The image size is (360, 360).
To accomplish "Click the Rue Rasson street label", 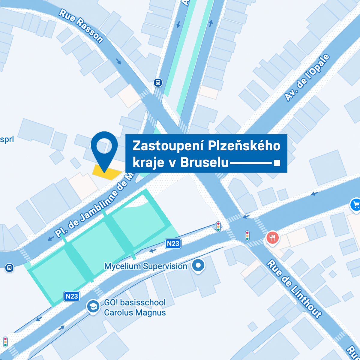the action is coord(81,26).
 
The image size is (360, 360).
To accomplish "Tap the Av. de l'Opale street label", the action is coord(307,77).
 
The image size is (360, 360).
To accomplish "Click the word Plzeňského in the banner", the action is coord(244,146).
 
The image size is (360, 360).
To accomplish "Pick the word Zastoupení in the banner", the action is coord(168,146).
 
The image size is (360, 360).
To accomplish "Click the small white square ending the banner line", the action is coord(277,163).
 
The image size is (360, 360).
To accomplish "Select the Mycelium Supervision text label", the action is coord(145,266).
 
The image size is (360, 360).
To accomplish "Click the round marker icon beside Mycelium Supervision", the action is coord(198,265).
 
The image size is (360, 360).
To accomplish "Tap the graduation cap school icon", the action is coord(93,307).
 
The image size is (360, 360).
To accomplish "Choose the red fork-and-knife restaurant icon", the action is coord(272,238).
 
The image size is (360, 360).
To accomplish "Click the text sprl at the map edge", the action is coord(7,139).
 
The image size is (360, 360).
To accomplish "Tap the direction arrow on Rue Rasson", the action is coord(119,61).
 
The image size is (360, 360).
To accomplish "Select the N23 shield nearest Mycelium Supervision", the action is coord(173,243).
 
